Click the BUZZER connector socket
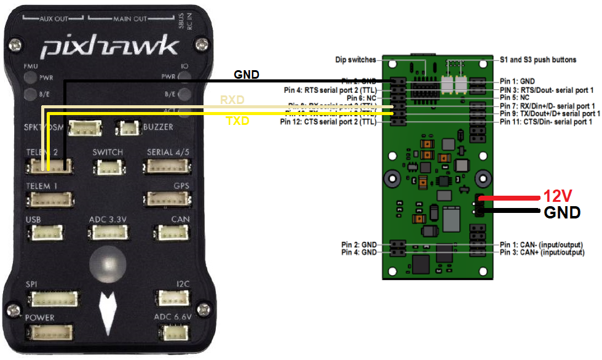point(129,127)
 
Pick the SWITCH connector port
point(108,167)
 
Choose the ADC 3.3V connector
point(108,233)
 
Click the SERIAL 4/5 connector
point(166,167)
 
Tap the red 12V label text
point(557,196)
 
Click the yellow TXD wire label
point(237,121)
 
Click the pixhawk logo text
point(111,47)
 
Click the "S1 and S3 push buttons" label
point(537,60)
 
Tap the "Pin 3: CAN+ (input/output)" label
point(542,252)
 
